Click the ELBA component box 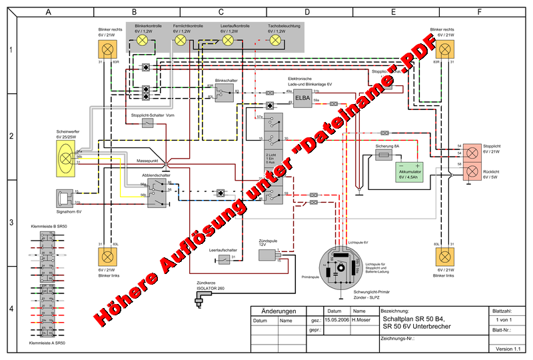click(x=303, y=98)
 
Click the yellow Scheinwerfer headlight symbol click(x=66, y=158)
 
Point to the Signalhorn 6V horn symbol click(x=64, y=197)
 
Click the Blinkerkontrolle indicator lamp click(x=142, y=40)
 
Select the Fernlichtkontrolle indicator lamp click(x=180, y=40)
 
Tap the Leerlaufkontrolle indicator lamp click(x=228, y=40)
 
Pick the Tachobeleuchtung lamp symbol click(x=274, y=40)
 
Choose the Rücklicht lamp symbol click(x=472, y=172)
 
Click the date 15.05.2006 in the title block click(x=336, y=320)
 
